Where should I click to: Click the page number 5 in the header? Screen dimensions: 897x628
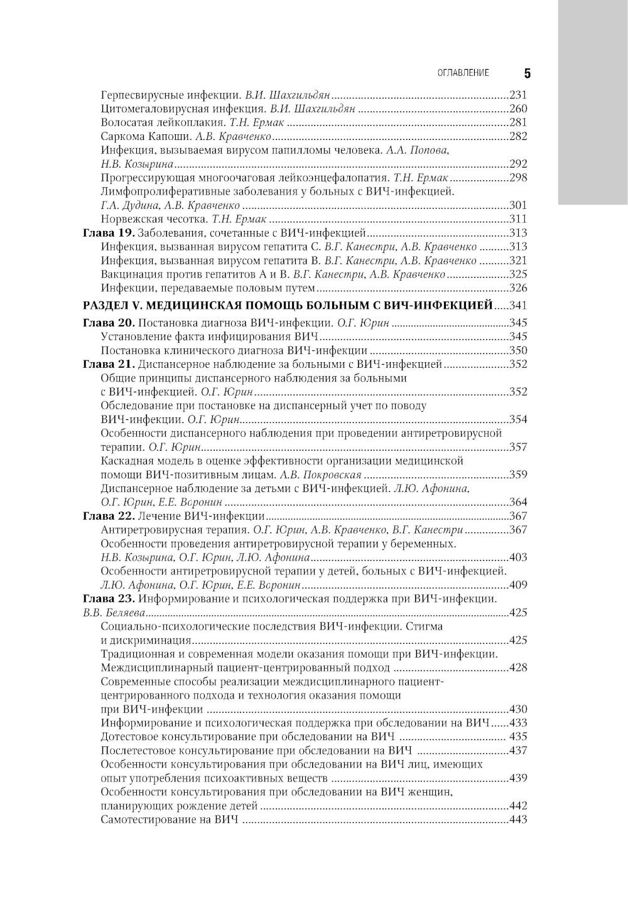(527, 73)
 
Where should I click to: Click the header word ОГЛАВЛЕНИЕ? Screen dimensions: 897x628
(463, 73)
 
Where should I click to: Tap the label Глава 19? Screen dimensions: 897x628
(108, 233)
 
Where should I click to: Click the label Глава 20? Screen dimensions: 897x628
(108, 323)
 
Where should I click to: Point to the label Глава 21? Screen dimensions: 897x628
(108, 364)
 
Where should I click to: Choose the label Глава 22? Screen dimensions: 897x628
(108, 516)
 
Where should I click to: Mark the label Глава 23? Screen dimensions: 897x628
(108, 598)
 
